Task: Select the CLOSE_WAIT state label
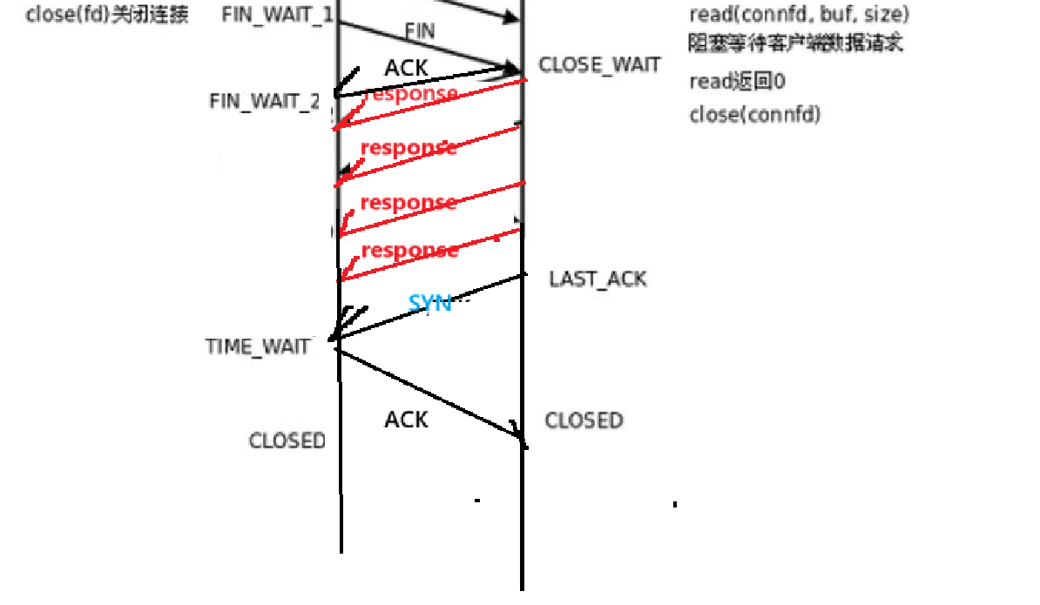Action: click(599, 64)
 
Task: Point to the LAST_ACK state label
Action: click(598, 279)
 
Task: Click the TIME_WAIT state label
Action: click(258, 346)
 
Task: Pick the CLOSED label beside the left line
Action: click(287, 440)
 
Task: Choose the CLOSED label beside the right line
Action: click(584, 421)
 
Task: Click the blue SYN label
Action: click(430, 303)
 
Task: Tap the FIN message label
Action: click(420, 30)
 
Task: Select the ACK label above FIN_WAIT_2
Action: click(407, 68)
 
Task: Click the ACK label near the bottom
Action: click(407, 420)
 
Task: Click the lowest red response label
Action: click(409, 251)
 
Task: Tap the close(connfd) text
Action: click(754, 114)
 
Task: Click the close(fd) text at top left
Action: click(107, 15)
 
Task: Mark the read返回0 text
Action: click(737, 82)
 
